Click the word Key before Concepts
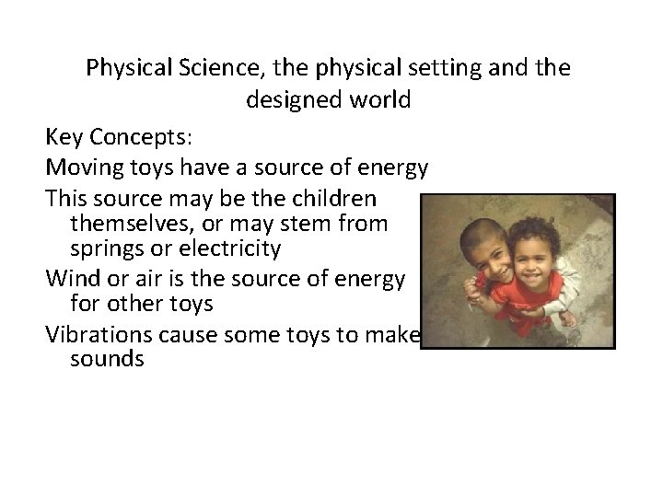64,137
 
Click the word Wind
68,279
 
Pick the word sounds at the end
107,359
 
